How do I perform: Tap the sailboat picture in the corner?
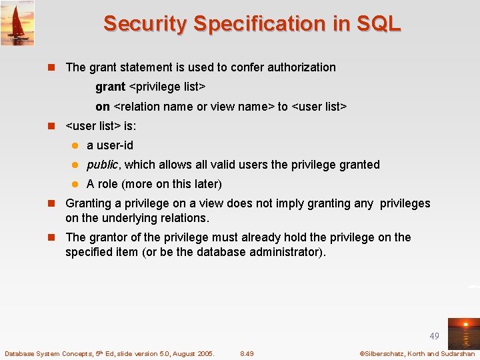17,23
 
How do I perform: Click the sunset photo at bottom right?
463,333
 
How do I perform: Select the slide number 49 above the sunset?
434,337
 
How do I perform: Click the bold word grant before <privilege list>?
110,87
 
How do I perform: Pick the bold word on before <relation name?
103,107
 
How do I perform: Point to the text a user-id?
110,145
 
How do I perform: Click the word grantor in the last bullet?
108,237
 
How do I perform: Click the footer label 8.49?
247,353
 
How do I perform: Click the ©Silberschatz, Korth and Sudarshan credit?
417,353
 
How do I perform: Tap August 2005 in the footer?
191,353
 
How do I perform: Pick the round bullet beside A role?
75,185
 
